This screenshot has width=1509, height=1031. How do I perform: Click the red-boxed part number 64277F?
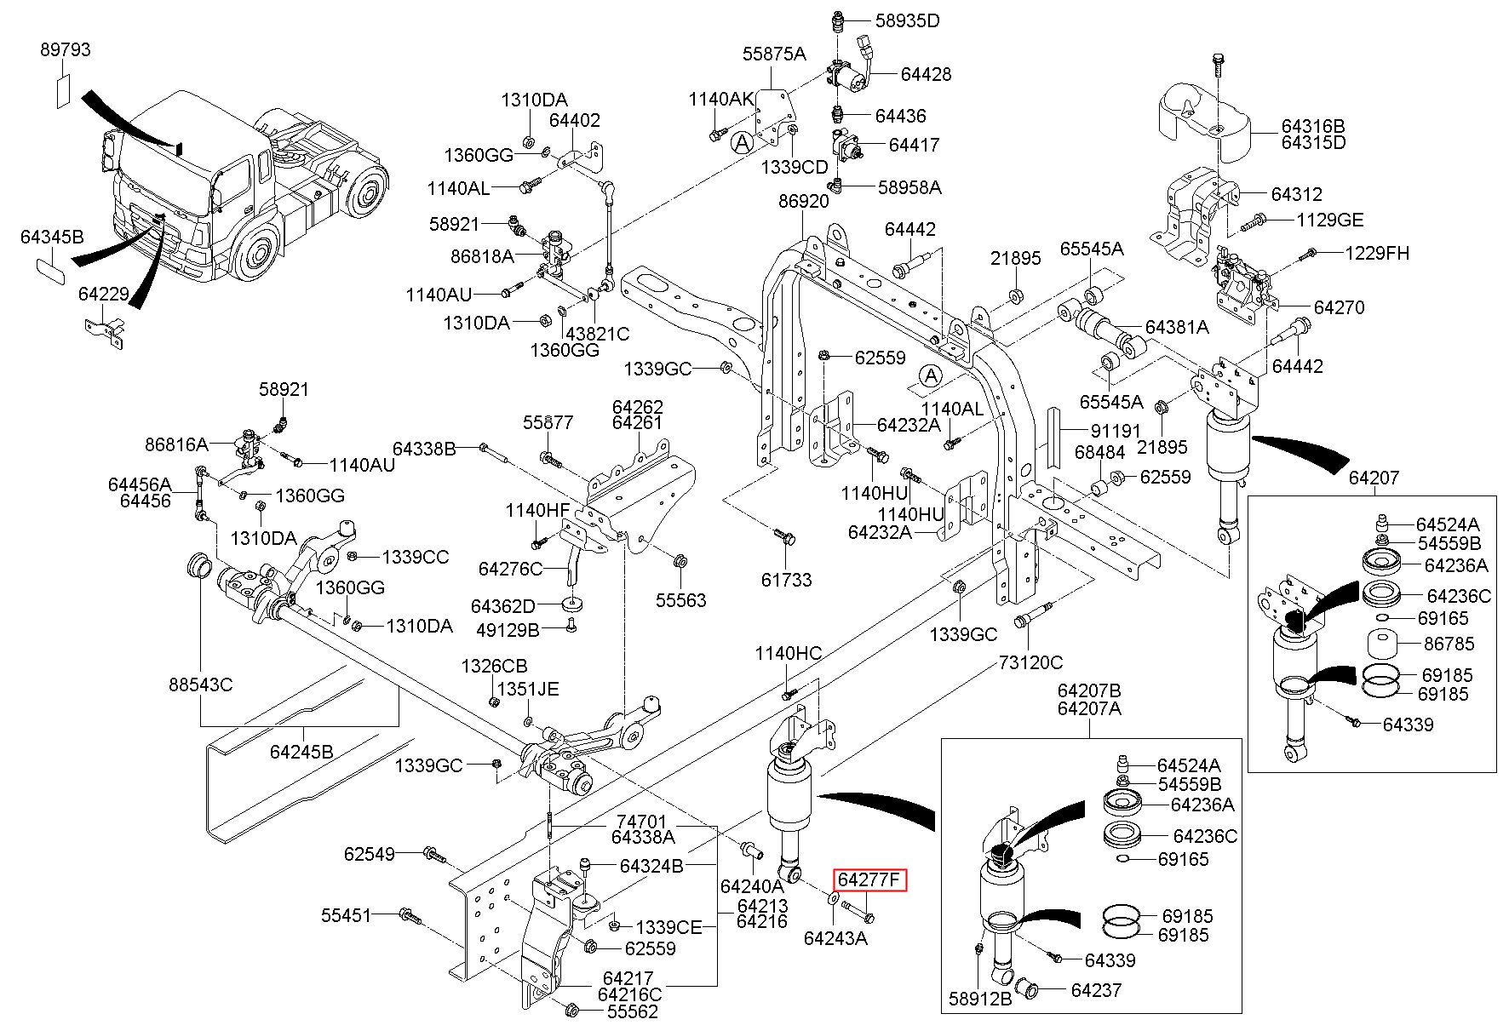click(869, 879)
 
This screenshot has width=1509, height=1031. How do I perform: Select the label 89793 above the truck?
click(65, 50)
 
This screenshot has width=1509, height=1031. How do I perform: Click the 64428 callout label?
click(926, 74)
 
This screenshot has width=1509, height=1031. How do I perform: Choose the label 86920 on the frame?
click(803, 202)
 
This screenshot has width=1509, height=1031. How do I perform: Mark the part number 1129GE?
click(1329, 221)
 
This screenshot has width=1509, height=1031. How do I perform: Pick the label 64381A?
click(1176, 327)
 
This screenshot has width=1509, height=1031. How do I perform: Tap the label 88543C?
click(200, 684)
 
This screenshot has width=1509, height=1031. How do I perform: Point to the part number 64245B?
click(301, 752)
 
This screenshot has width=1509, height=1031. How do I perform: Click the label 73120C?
click(1031, 662)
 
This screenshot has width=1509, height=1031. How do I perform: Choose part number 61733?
click(786, 580)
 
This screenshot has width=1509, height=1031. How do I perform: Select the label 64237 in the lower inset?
click(1096, 990)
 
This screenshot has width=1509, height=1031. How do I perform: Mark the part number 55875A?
click(773, 54)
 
